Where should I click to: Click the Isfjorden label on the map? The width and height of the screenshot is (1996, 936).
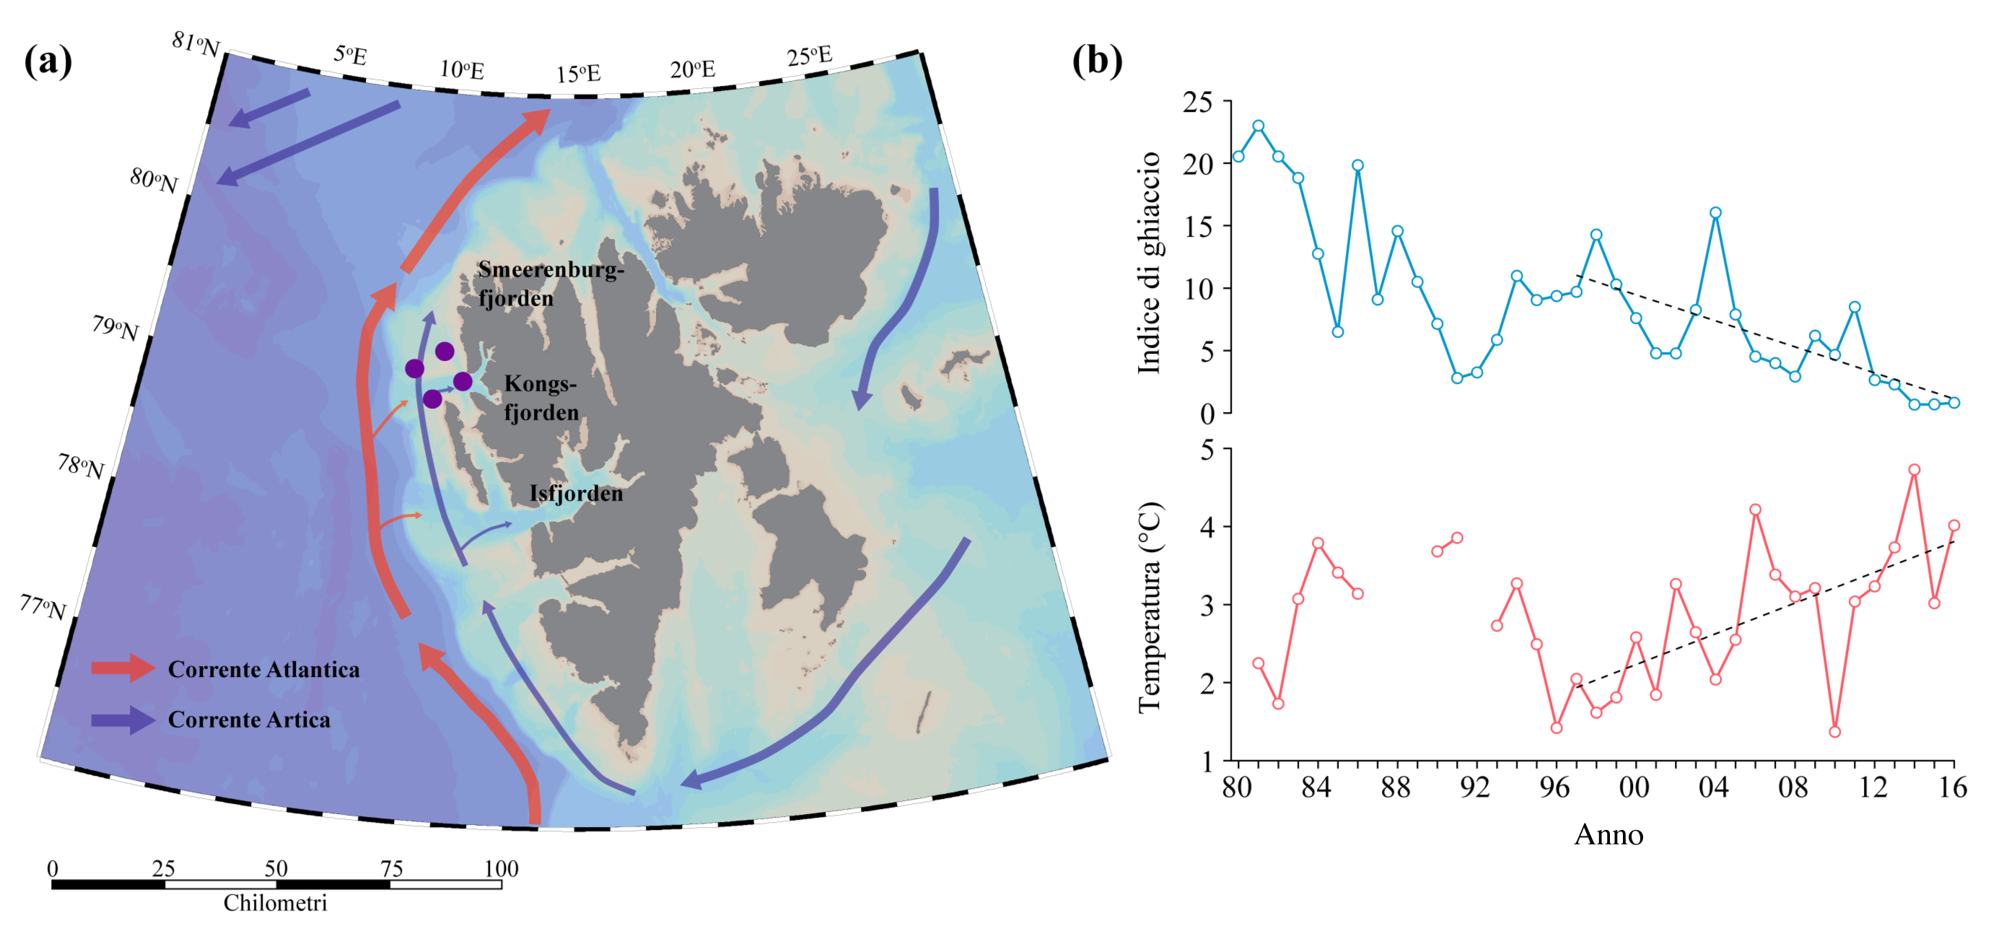[x=576, y=494]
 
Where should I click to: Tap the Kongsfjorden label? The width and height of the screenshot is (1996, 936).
[x=540, y=398]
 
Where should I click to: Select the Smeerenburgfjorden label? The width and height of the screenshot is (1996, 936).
[x=550, y=284]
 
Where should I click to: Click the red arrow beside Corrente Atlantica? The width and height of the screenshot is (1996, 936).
[x=123, y=668]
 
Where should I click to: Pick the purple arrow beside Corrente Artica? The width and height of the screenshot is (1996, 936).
[x=123, y=720]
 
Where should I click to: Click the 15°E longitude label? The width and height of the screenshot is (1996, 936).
[x=578, y=74]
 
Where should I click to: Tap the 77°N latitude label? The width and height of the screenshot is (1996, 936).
[x=43, y=608]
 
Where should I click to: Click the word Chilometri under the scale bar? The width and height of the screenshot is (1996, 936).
[x=275, y=903]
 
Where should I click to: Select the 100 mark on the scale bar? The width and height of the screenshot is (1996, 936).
[x=501, y=869]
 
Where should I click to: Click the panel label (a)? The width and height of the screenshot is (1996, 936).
[x=48, y=61]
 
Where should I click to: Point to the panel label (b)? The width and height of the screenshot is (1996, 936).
[x=1096, y=61]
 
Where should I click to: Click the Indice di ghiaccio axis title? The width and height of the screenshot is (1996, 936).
[x=1149, y=263]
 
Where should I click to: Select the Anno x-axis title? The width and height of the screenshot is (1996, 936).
[x=1608, y=834]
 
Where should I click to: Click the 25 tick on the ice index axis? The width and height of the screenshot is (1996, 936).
[x=1197, y=102]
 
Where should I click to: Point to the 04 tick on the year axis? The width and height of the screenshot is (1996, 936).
[x=1714, y=788]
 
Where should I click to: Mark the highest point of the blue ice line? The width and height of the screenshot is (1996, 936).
[x=1259, y=126]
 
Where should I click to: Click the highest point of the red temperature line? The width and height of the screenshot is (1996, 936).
[x=1914, y=470]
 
